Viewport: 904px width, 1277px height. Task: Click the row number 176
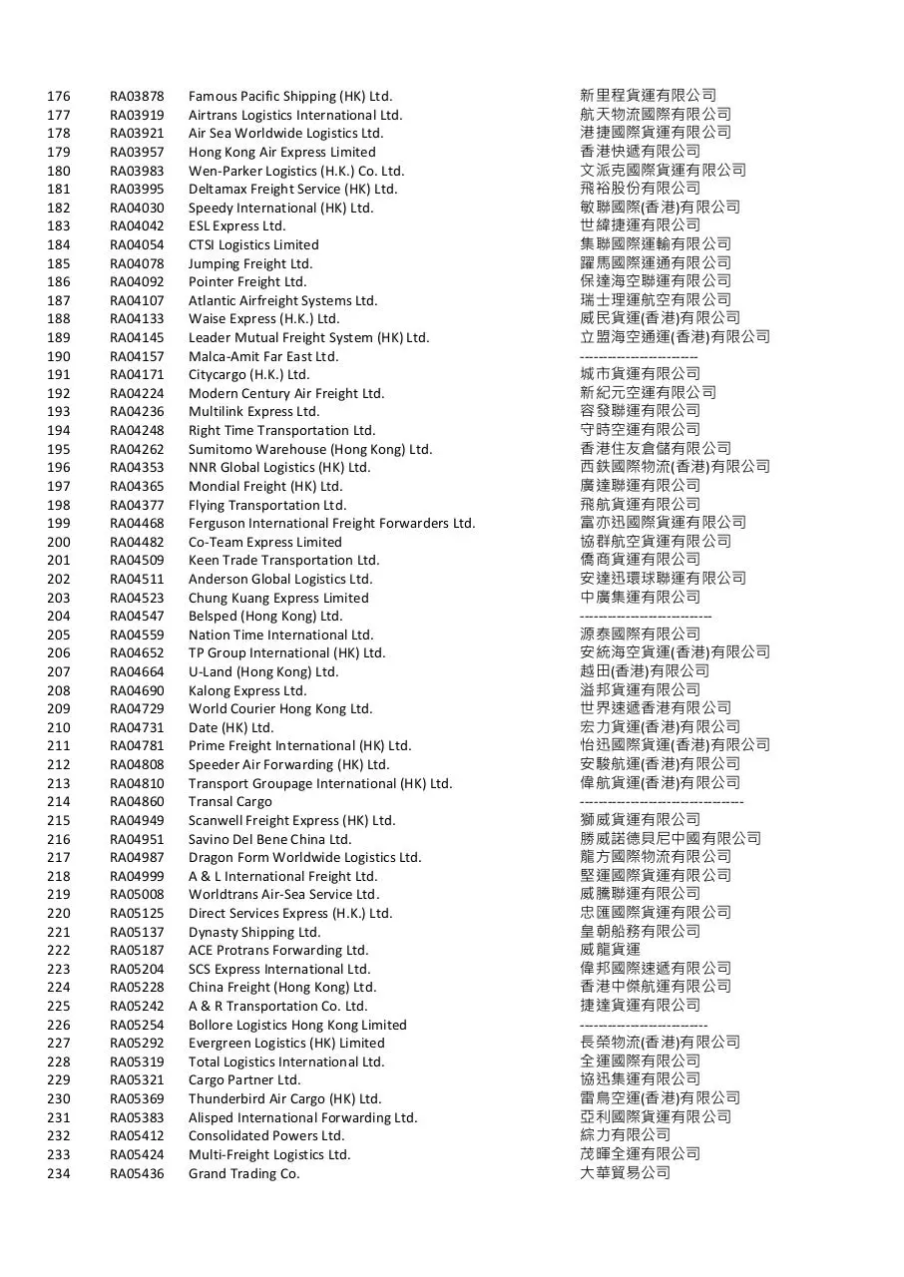click(59, 97)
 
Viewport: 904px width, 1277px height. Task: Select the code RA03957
click(137, 153)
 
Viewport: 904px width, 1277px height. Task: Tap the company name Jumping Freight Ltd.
click(250, 264)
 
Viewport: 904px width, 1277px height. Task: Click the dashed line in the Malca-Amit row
click(639, 356)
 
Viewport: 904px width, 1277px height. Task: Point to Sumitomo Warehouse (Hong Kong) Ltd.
click(310, 449)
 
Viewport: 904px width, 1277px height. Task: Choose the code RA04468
click(137, 524)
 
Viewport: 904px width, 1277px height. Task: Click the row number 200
click(59, 542)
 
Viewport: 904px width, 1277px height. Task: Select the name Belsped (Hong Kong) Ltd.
click(265, 617)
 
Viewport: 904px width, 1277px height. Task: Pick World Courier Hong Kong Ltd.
click(280, 709)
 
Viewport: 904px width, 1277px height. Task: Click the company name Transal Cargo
click(230, 802)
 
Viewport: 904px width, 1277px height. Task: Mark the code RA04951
click(137, 839)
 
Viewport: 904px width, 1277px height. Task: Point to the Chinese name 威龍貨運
click(611, 950)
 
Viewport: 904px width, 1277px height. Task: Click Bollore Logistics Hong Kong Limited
click(297, 1025)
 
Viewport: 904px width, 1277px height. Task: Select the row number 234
click(59, 1173)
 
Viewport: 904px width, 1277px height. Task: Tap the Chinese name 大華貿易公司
click(626, 1173)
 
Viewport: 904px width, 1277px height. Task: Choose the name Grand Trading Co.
click(244, 1173)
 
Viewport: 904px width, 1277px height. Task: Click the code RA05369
click(137, 1098)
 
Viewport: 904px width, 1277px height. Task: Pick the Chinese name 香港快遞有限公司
click(641, 152)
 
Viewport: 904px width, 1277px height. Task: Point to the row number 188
click(59, 319)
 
